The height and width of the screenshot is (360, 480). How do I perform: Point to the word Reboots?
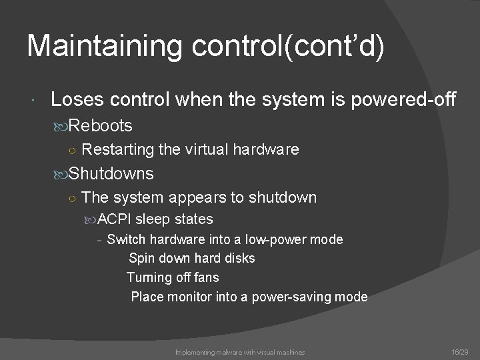point(101,125)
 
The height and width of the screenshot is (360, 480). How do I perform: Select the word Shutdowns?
point(111,174)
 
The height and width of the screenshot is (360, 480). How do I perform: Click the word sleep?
point(154,219)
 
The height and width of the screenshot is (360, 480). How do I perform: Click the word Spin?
point(141,258)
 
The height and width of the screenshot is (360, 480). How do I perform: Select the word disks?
point(239,258)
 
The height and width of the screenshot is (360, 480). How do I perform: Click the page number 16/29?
point(460,351)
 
